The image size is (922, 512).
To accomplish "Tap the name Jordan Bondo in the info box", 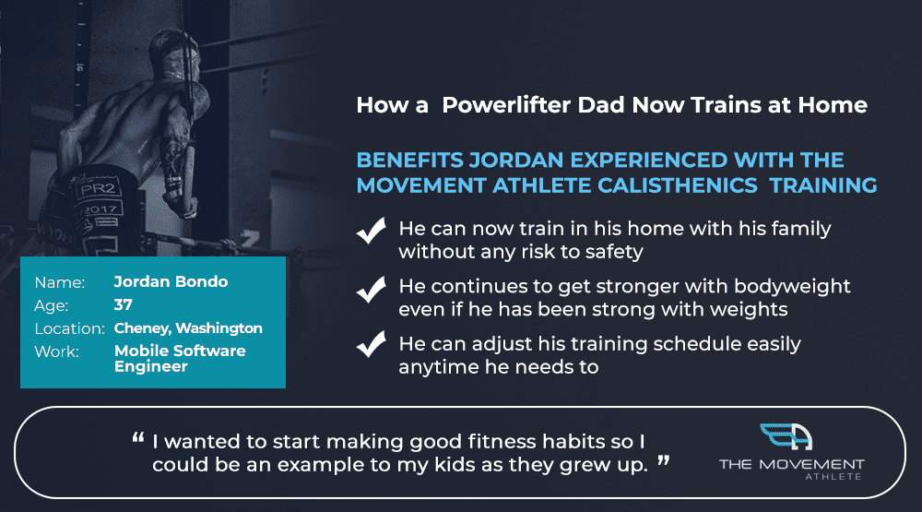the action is coord(171,282).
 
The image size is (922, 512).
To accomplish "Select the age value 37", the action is coord(123,304).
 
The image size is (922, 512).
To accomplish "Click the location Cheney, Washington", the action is coord(188,328).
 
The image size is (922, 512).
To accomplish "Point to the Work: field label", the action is coord(56,351).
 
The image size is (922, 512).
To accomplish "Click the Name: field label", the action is coord(59,282).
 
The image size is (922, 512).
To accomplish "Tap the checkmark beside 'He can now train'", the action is coord(371,230).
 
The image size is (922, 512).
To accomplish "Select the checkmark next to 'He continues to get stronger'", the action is coord(371,290).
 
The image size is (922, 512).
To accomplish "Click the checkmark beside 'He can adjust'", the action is coord(371,344).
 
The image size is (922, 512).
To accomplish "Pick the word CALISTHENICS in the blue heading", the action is coord(678,185).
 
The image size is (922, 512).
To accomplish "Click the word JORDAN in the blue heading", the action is coord(516,161).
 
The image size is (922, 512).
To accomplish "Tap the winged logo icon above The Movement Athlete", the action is coord(786,436).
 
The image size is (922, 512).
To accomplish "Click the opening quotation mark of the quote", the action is coord(138,438).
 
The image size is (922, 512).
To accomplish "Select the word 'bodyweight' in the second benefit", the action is coord(792,287).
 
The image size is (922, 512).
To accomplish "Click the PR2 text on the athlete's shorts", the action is coord(98,188).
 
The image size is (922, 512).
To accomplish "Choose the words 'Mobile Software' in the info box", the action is coord(180,351).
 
